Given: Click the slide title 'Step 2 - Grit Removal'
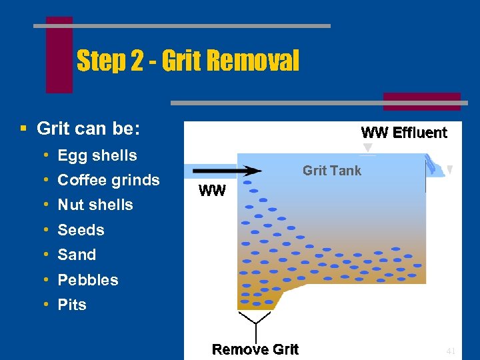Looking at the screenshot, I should (x=188, y=61).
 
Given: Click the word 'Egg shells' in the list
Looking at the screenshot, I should (x=97, y=155).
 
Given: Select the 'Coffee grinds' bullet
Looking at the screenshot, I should (x=109, y=180).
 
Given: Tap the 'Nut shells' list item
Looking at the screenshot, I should (x=95, y=205).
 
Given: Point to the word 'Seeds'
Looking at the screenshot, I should (x=81, y=230).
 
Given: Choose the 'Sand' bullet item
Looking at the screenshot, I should (x=77, y=255).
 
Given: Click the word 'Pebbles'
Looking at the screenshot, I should (x=88, y=280).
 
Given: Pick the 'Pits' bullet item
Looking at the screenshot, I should (x=72, y=305).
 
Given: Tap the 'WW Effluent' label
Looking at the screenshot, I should (x=404, y=133).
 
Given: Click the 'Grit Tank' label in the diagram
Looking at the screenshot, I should (x=332, y=171).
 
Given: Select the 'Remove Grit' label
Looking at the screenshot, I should (x=255, y=349).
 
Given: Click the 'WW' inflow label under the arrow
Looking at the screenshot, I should (x=213, y=191).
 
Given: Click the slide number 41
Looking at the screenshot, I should (x=451, y=351).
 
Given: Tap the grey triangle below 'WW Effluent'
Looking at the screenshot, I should (x=367, y=147).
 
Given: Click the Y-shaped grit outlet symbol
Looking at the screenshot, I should (x=254, y=325).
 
